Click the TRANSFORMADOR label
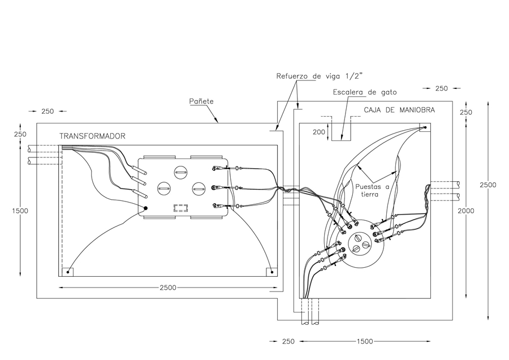92,136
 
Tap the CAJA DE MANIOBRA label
399,110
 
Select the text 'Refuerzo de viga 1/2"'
320,76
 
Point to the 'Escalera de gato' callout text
365,92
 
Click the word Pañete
201,101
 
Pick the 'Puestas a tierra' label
372,190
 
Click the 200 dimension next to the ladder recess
319,132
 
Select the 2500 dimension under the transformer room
168,288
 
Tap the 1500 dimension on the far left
20,211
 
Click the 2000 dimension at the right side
466,211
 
